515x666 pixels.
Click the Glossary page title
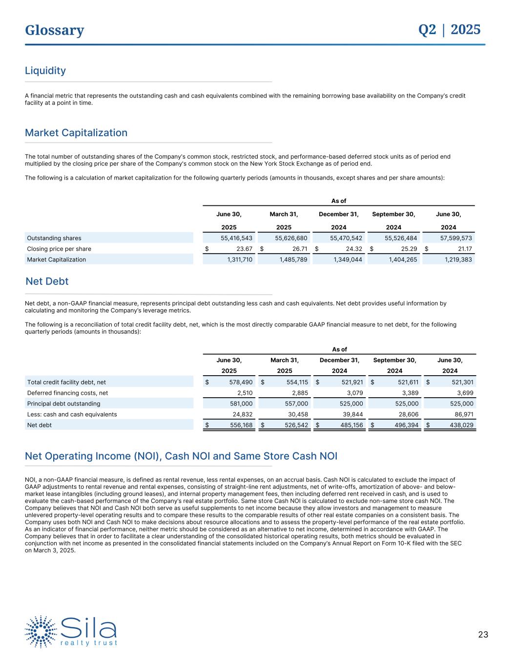click(54, 30)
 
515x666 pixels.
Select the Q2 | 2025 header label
click(449, 30)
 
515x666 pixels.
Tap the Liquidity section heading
click(45, 71)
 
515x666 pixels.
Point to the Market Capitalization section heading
click(76, 133)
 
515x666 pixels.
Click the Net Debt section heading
click(47, 282)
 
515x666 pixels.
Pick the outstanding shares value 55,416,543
click(237, 238)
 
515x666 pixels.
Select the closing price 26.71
click(297, 249)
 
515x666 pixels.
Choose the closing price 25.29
click(407, 249)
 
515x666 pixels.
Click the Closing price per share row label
click(59, 249)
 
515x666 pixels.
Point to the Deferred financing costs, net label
click(67, 393)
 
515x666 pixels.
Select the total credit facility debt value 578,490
click(241, 382)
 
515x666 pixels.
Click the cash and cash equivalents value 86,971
click(463, 414)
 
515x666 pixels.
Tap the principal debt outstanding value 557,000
click(297, 404)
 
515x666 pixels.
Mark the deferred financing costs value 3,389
click(409, 393)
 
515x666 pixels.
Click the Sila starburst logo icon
click(41, 631)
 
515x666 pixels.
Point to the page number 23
click(483, 634)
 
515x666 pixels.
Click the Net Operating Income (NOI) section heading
click(181, 456)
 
